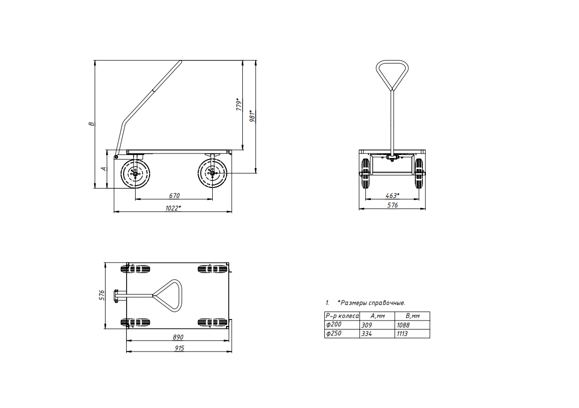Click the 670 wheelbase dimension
coord(174,195)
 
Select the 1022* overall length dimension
coord(173,208)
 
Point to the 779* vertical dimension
coord(239,104)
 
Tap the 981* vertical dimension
coord(253,116)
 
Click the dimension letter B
coord(91,124)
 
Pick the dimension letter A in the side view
coord(104,169)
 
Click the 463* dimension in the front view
coord(392,195)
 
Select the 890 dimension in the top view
coord(178,337)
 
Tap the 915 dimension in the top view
coord(180,348)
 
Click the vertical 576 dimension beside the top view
coord(102,295)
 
